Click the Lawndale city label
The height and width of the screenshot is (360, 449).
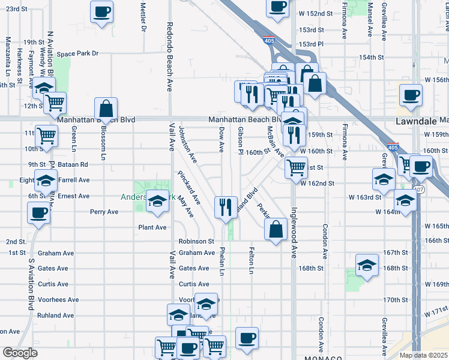tap(420, 121)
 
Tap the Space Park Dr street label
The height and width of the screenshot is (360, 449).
tap(77, 53)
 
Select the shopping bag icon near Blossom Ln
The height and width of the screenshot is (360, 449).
tap(106, 109)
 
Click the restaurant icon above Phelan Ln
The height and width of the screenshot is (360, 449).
tap(224, 208)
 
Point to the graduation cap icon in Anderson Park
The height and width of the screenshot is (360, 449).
tap(158, 203)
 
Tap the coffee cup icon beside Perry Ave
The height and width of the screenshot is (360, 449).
tap(39, 213)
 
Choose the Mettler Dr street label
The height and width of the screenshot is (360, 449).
tap(143, 17)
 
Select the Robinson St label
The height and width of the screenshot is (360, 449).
tap(196, 241)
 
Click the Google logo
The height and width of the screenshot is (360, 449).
tap(19, 353)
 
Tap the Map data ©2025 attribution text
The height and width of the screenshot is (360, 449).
tap(423, 355)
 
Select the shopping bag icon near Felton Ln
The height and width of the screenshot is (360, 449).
tap(275, 230)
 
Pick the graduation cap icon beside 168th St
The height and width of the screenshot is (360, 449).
tap(367, 266)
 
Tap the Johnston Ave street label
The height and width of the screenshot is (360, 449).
tap(188, 145)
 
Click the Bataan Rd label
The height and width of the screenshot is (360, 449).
tap(75, 164)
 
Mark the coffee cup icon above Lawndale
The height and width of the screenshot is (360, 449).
tap(411, 95)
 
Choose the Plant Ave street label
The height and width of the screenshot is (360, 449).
tap(152, 227)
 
